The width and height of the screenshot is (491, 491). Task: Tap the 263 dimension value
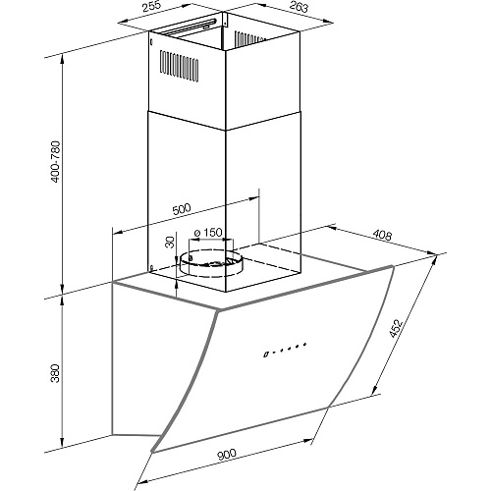coord(300,6)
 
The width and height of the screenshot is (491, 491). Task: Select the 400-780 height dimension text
coord(56,162)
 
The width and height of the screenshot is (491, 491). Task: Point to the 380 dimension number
coord(56,373)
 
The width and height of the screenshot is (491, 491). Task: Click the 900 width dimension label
coord(227,455)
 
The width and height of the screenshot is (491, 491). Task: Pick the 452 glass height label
coord(396,328)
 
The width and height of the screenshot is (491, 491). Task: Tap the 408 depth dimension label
coord(382,235)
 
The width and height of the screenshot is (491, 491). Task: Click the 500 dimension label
coord(181,209)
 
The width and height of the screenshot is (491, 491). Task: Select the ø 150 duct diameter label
coord(208,233)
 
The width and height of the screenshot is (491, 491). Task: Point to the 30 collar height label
coord(170,243)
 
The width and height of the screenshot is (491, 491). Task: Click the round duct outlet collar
coord(210,265)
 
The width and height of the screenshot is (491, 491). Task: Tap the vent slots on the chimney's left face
coord(179,66)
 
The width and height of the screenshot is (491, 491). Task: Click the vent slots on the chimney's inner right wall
coord(248,38)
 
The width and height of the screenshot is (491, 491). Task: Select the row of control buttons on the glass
coord(285,349)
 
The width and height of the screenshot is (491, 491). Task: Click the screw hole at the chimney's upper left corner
coord(151,42)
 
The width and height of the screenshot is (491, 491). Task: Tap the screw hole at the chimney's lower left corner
coord(151,267)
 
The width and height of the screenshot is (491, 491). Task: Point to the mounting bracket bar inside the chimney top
coord(189,27)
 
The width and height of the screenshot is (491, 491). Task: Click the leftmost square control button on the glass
coord(266,355)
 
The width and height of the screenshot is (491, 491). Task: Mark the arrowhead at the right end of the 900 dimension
coord(307,440)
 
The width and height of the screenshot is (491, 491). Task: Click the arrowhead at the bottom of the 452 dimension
coord(374,391)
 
